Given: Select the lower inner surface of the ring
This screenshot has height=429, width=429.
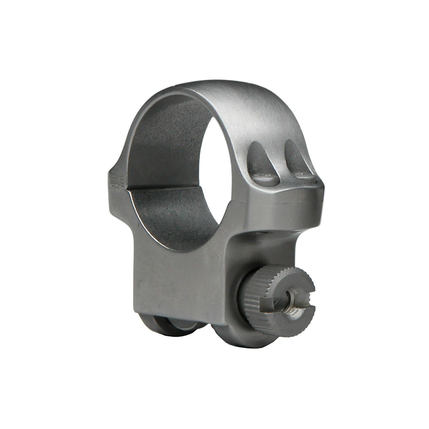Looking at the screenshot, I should pyautogui.click(x=172, y=214).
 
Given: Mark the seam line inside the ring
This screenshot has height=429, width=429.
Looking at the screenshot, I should pyautogui.click(x=163, y=187).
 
